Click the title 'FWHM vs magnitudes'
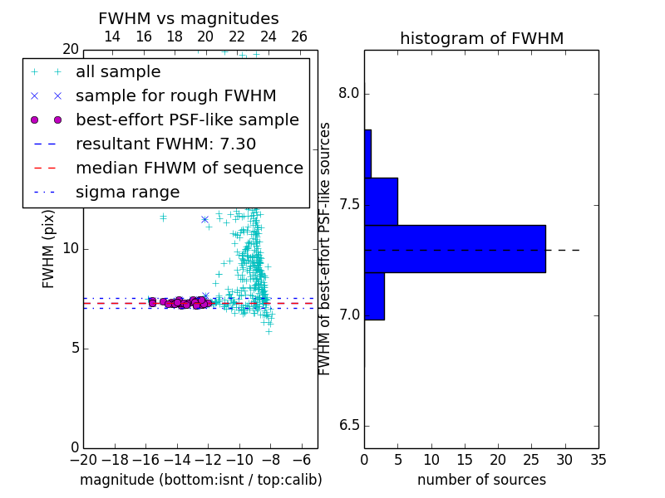click(x=189, y=18)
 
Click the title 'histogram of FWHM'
click(x=482, y=38)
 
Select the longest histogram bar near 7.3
click(x=455, y=249)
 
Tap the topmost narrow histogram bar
click(x=368, y=154)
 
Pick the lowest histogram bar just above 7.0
click(x=375, y=296)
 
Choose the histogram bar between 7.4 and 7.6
click(x=382, y=202)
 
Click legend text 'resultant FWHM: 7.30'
click(x=165, y=144)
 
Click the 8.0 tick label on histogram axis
click(x=349, y=93)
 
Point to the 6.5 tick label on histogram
click(x=349, y=426)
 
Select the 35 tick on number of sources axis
click(x=598, y=460)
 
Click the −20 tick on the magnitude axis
click(x=83, y=460)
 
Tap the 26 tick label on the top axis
click(x=299, y=37)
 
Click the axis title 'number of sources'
click(x=482, y=480)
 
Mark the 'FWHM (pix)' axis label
click(x=48, y=250)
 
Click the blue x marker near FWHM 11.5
click(x=204, y=219)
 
